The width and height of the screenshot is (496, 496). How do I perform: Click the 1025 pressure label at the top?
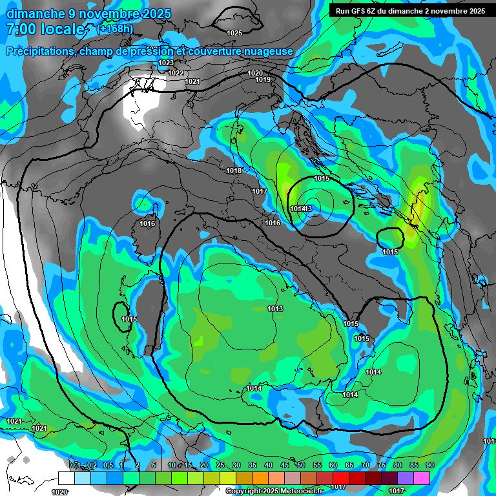[x=234, y=33]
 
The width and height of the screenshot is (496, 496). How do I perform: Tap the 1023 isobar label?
[x=165, y=63]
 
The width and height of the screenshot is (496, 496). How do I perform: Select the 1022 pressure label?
[x=176, y=73]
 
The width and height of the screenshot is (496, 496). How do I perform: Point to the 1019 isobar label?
[x=263, y=79]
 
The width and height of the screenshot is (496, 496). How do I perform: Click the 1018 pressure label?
[x=234, y=170]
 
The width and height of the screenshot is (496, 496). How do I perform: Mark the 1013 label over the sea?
[x=275, y=309]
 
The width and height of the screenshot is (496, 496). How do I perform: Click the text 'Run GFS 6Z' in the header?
[x=356, y=11]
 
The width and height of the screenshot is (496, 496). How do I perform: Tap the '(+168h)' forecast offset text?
[x=115, y=29]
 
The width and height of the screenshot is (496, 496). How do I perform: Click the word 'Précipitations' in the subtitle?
[x=39, y=51]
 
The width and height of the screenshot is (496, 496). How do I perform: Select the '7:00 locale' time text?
[x=45, y=29]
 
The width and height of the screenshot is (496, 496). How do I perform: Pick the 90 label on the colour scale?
[x=430, y=465]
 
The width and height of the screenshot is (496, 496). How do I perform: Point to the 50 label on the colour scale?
[x=301, y=465]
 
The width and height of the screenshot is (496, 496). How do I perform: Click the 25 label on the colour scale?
[x=220, y=465]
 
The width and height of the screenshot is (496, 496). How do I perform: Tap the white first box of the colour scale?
[x=66, y=478]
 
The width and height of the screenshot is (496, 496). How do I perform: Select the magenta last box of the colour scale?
[x=422, y=478]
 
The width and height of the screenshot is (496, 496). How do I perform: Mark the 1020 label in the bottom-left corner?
[x=59, y=491]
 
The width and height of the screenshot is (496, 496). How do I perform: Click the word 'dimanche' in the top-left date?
[x=32, y=13]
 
